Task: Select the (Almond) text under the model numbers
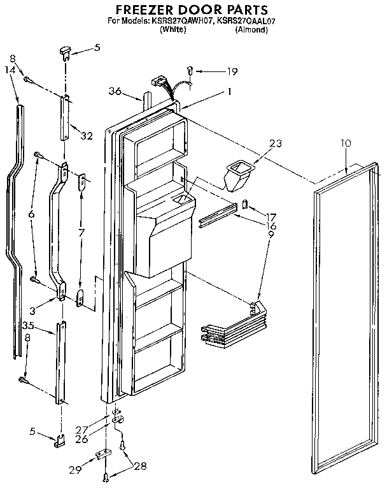tap(251, 30)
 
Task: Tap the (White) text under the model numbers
tap(172, 30)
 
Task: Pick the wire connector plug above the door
tap(157, 84)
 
